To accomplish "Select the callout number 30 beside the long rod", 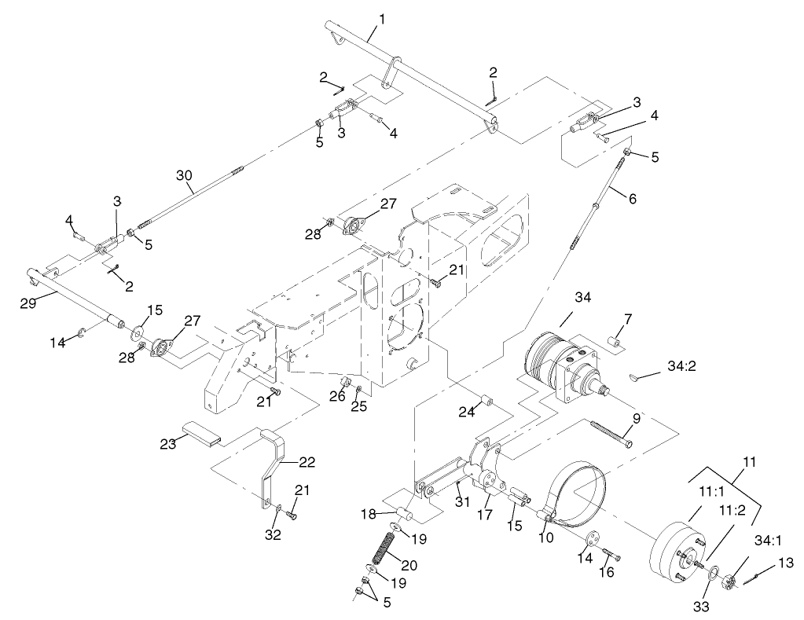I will (184, 178).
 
